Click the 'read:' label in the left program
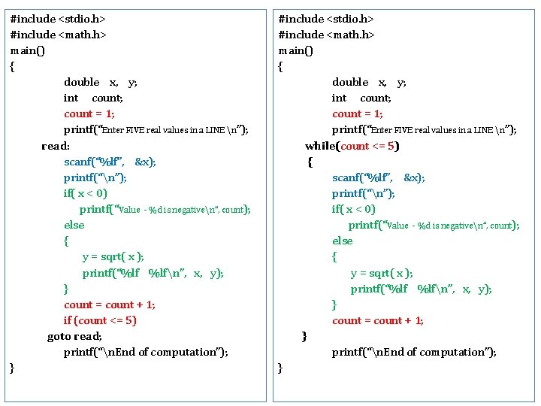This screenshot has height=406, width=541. (x=56, y=146)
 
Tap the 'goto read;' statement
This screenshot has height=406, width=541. (x=74, y=336)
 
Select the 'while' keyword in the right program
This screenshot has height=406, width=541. (x=321, y=146)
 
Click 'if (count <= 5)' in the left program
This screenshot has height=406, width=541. (x=100, y=320)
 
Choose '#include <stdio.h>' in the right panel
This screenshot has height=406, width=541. (x=326, y=19)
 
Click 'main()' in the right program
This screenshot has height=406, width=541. (x=295, y=50)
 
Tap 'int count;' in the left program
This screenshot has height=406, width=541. (x=93, y=98)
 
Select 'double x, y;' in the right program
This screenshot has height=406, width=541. (x=369, y=82)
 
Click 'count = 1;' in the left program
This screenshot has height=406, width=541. (x=89, y=114)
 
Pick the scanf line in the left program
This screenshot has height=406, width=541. (x=110, y=162)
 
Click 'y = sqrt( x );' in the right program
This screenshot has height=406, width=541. (x=382, y=273)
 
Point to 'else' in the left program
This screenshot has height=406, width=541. (x=74, y=225)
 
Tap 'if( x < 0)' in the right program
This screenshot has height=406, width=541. (x=353, y=209)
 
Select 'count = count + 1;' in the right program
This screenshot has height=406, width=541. (x=378, y=320)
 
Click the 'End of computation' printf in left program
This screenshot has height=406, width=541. (x=146, y=352)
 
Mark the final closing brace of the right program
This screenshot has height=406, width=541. (x=280, y=368)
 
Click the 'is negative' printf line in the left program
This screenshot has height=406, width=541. (x=165, y=210)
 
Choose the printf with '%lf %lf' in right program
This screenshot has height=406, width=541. (x=421, y=289)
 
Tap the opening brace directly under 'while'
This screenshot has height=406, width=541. (x=310, y=162)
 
